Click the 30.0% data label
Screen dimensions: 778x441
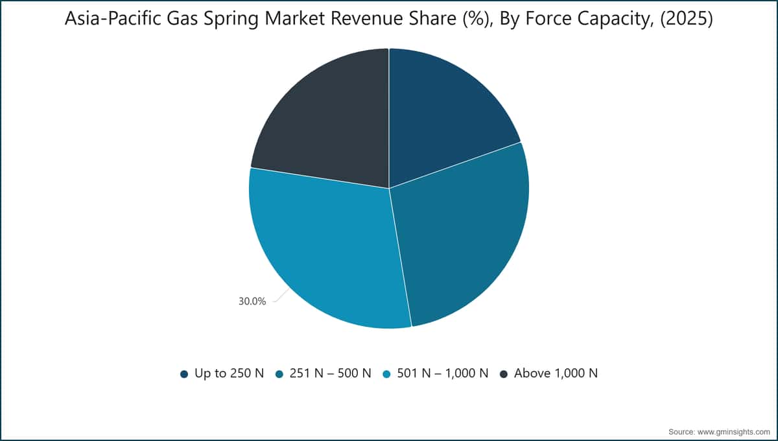pyautogui.click(x=252, y=302)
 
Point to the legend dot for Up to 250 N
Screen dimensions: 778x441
pyautogui.click(x=184, y=374)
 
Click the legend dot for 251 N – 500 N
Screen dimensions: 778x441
pyautogui.click(x=279, y=374)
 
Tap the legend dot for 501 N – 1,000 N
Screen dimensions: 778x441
pyautogui.click(x=386, y=374)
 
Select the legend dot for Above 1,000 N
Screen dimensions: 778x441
pyautogui.click(x=504, y=374)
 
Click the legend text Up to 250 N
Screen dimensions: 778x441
pyautogui.click(x=230, y=374)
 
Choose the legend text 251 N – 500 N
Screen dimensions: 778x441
pyautogui.click(x=330, y=374)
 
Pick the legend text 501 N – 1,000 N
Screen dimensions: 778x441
pyautogui.click(x=442, y=374)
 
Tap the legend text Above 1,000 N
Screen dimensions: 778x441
pyautogui.click(x=556, y=374)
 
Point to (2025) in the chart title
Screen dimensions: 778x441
pyautogui.click(x=687, y=18)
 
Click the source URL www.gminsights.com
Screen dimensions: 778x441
pyautogui.click(x=733, y=432)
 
